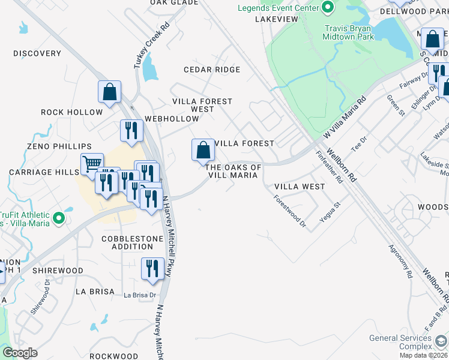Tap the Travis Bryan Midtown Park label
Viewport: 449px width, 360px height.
click(x=349, y=32)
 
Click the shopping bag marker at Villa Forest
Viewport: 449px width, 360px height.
click(x=203, y=149)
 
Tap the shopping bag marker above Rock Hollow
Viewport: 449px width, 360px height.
click(x=109, y=93)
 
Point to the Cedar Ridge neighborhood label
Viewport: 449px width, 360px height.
click(x=212, y=70)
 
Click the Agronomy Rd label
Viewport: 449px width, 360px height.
click(x=400, y=260)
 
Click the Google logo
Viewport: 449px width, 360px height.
click(x=20, y=353)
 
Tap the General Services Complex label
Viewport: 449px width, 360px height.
click(x=400, y=343)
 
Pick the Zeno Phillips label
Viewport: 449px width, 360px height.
click(x=51, y=146)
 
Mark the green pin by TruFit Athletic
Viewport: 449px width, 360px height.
click(x=59, y=218)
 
